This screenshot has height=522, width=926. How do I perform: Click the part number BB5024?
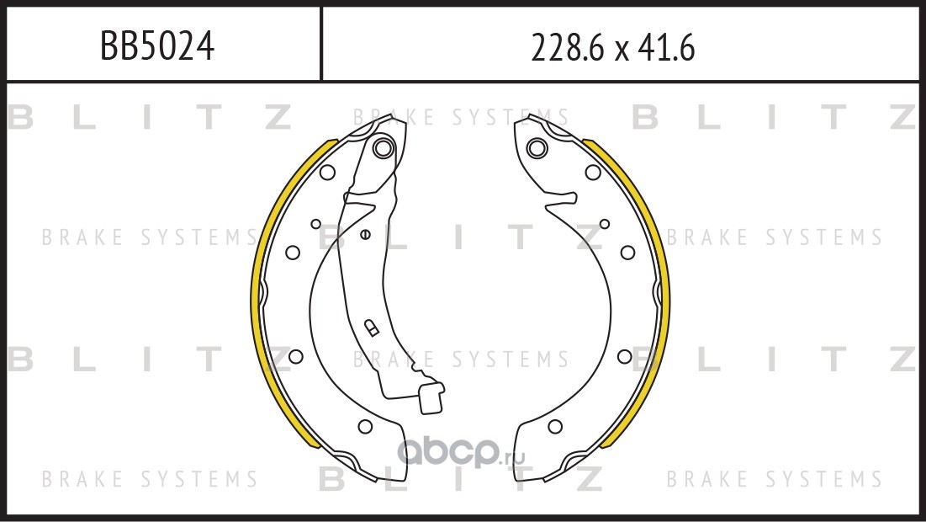(x=157, y=46)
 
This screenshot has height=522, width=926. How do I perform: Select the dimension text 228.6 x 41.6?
(x=613, y=47)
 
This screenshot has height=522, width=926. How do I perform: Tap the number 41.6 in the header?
(x=666, y=47)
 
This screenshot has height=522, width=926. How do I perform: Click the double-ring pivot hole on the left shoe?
(x=384, y=147)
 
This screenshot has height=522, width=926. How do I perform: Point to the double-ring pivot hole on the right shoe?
(x=537, y=147)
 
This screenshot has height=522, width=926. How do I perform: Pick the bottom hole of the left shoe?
(x=365, y=426)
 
